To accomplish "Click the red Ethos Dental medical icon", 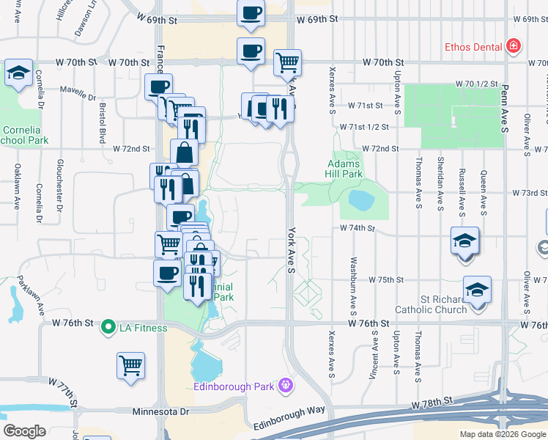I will [x=514, y=47].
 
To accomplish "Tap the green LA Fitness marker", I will [x=108, y=326].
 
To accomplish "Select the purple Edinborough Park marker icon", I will [x=285, y=384].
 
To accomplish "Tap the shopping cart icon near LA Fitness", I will [x=130, y=364].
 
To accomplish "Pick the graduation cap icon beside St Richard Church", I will [x=477, y=289].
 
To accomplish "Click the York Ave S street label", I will [x=291, y=250].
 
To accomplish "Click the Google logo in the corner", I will [x=24, y=431].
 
